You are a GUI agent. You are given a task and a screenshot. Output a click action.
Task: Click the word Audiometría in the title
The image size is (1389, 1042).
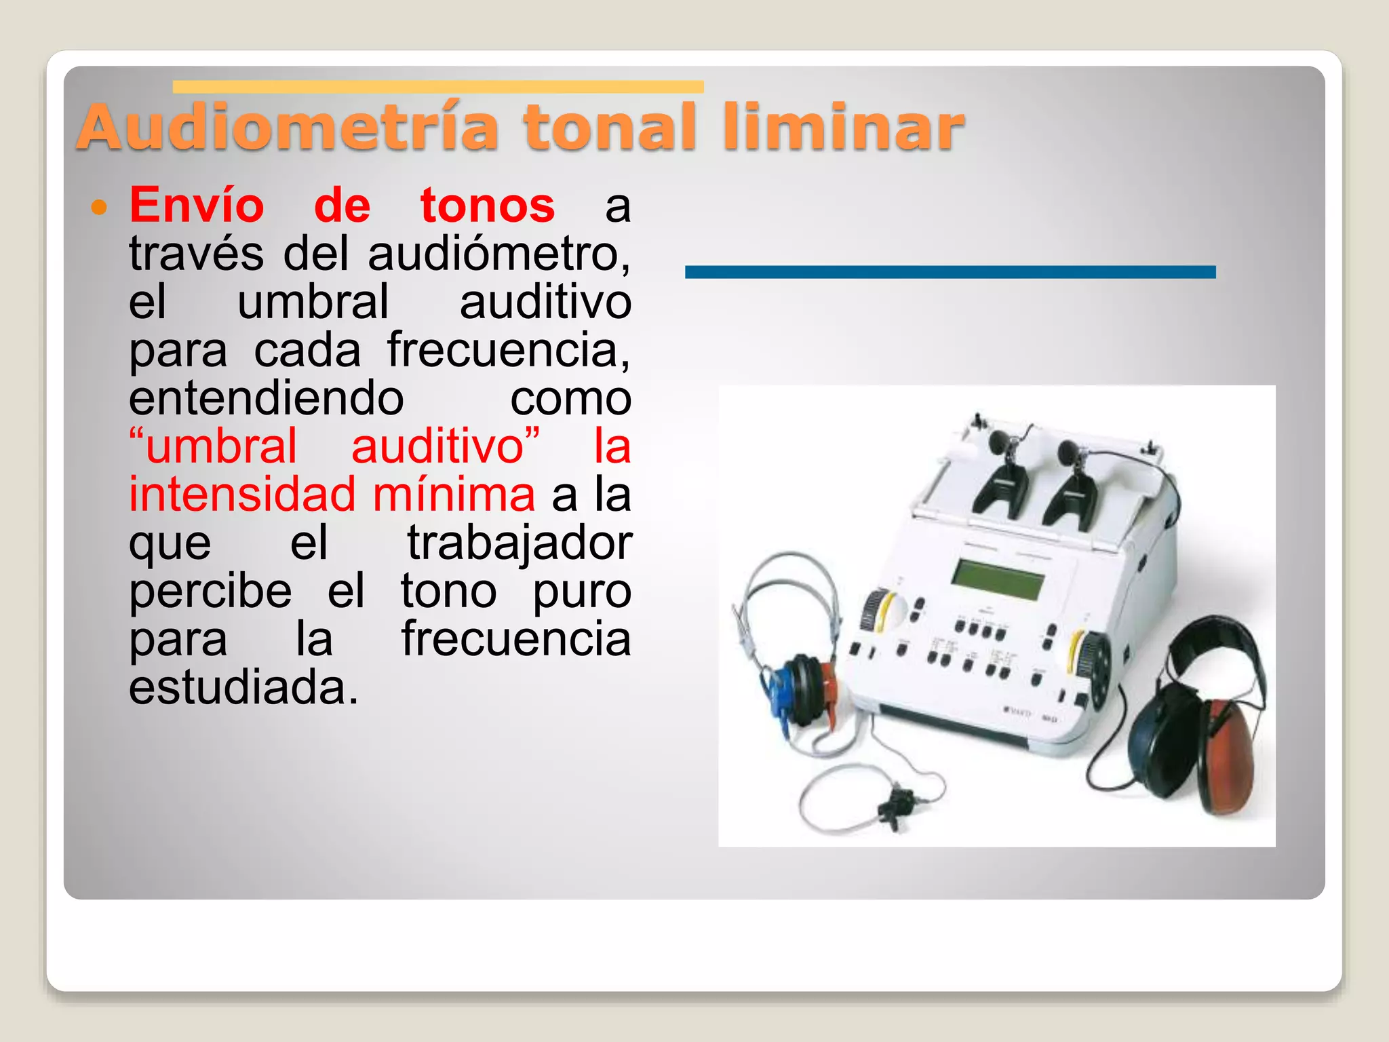[x=288, y=127]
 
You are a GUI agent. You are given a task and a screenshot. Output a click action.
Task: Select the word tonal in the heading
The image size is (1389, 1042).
[x=610, y=127]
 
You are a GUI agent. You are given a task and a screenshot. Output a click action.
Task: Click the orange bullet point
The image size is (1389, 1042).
[x=100, y=207]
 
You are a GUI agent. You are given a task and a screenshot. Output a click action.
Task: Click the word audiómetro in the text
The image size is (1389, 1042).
[x=498, y=254]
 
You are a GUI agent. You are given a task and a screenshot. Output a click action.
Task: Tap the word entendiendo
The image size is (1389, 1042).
[x=267, y=398]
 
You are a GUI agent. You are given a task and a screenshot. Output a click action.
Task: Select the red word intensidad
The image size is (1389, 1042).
[x=242, y=495]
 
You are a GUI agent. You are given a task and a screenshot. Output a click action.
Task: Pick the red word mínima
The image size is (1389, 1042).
[x=454, y=495]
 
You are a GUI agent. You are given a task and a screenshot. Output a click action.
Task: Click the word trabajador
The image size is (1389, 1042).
[x=519, y=543]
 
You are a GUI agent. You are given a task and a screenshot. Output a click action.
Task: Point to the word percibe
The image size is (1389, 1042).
[x=210, y=592]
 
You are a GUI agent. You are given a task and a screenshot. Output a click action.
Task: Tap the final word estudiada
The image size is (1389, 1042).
[x=243, y=688]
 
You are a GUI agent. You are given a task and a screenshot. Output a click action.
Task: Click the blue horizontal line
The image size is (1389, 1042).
[x=950, y=272]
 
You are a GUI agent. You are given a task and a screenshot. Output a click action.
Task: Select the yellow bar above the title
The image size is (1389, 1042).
[x=437, y=87]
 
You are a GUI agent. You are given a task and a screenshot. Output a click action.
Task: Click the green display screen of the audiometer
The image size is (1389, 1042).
[x=998, y=579]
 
